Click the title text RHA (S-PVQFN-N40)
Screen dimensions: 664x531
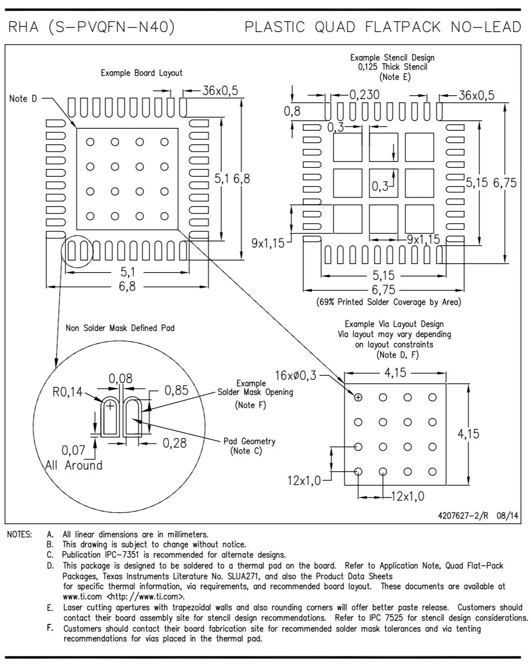coord(92,27)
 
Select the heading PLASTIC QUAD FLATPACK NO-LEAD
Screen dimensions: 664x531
coord(383,27)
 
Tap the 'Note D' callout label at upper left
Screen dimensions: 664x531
coord(23,99)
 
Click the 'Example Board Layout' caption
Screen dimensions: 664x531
coord(142,73)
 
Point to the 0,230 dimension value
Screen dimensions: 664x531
coord(364,95)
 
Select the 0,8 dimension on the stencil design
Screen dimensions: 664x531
coord(292,111)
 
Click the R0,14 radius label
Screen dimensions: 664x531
coord(68,392)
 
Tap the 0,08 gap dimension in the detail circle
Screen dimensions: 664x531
coord(121,378)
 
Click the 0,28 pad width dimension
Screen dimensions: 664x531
coord(174,442)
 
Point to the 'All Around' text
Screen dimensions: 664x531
coord(74,465)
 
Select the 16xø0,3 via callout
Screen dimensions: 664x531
coord(296,375)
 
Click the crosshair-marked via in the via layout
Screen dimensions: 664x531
coord(358,397)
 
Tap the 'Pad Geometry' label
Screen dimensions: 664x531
coord(249,441)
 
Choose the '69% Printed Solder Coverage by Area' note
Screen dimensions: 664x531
coord(389,302)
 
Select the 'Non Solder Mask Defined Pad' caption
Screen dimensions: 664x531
coord(120,328)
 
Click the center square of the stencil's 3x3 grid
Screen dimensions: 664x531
coord(383,183)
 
